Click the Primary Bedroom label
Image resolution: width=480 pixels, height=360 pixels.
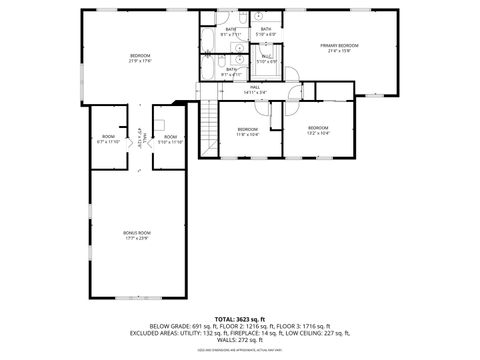click(x=339, y=46)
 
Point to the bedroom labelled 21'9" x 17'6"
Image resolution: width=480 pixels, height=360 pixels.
click(x=139, y=56)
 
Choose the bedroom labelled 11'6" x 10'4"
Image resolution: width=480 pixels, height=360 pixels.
click(x=248, y=130)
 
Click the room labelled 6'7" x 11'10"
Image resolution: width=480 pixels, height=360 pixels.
click(x=108, y=138)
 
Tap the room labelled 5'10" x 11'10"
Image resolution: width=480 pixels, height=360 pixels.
click(x=170, y=138)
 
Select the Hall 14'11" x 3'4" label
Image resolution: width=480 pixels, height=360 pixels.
click(x=255, y=89)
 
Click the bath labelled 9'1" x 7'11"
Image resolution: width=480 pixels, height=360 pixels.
click(x=231, y=32)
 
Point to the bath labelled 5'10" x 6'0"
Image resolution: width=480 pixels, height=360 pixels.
click(x=266, y=31)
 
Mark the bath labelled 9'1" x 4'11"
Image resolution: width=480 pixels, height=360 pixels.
click(x=231, y=71)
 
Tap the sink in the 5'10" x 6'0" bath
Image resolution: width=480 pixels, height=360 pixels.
click(x=258, y=17)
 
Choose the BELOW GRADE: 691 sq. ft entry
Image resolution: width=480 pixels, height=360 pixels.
click(x=183, y=325)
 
